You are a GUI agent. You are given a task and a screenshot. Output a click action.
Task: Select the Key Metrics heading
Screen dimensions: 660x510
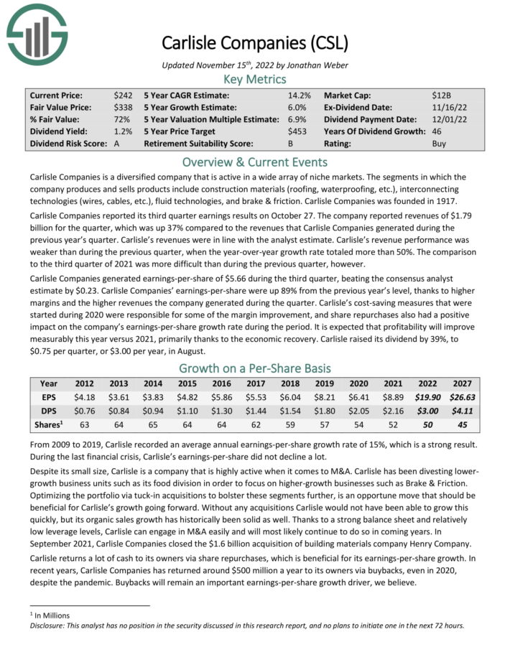click(254, 79)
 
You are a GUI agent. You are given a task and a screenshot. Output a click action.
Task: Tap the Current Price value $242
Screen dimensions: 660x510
click(124, 95)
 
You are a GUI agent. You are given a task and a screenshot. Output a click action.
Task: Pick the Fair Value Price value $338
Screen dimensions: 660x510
click(124, 107)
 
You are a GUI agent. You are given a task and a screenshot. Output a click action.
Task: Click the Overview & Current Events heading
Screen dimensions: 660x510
click(254, 162)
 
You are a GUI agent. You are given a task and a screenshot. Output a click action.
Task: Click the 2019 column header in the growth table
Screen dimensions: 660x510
click(356, 384)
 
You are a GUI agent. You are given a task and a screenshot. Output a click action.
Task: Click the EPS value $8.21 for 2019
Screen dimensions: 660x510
click(356, 396)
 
